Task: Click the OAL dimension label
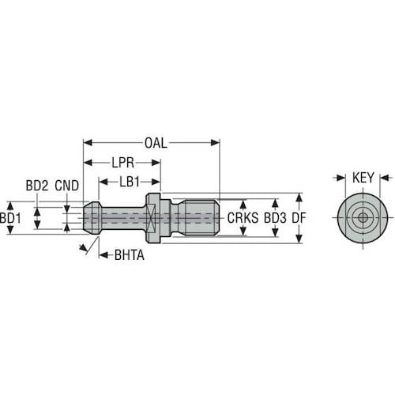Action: click(x=155, y=144)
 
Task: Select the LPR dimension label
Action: click(x=122, y=163)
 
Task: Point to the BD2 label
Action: click(x=37, y=186)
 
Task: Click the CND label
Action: click(x=67, y=186)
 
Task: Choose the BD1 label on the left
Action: click(x=9, y=216)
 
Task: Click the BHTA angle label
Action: click(x=128, y=255)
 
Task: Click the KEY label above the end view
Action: click(x=363, y=178)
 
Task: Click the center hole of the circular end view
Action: click(x=362, y=216)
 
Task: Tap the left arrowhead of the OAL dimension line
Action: click(x=88, y=144)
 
